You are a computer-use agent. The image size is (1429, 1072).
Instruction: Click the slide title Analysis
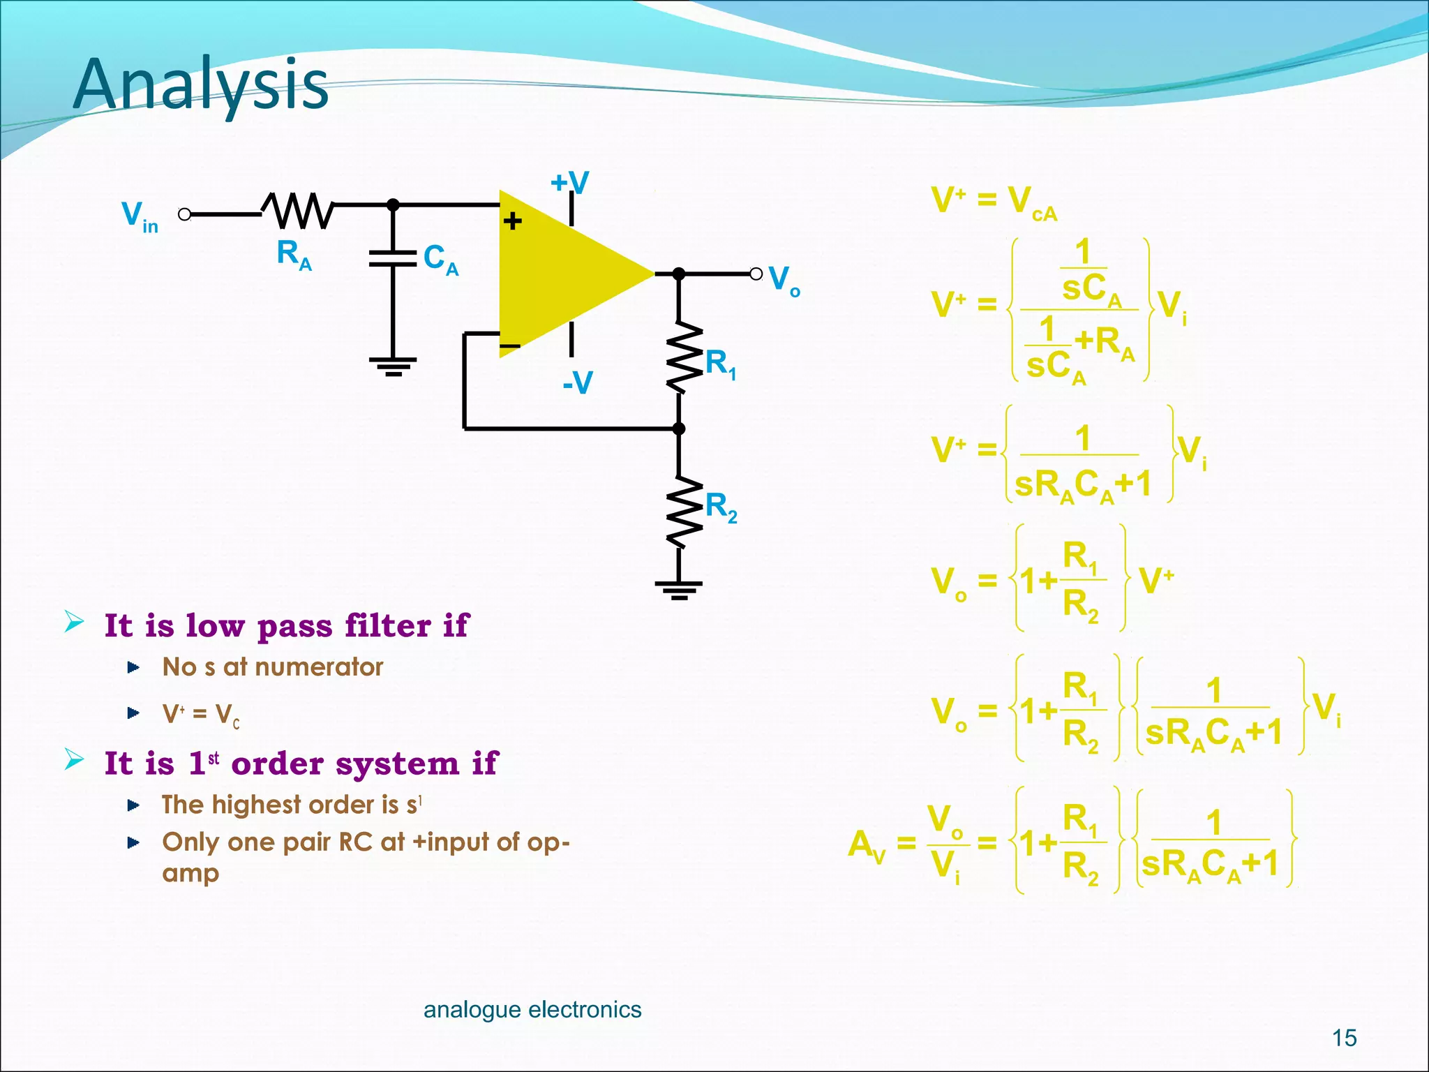pyautogui.click(x=201, y=85)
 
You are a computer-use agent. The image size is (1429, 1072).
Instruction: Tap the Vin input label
pyautogui.click(x=140, y=216)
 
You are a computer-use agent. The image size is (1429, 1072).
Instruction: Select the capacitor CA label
pyautogui.click(x=441, y=260)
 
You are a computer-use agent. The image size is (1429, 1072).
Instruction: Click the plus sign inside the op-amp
pyautogui.click(x=513, y=222)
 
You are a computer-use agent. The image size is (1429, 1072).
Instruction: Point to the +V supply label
pyautogui.click(x=569, y=183)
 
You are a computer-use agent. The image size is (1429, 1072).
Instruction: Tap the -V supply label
pyautogui.click(x=578, y=382)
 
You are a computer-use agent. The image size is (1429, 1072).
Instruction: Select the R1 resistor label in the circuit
pyautogui.click(x=721, y=364)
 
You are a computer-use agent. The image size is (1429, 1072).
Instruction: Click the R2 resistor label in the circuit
pyautogui.click(x=721, y=507)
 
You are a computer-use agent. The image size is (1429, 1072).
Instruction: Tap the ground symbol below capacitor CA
pyautogui.click(x=393, y=366)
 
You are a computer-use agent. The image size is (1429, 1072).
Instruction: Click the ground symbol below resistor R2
pyautogui.click(x=679, y=590)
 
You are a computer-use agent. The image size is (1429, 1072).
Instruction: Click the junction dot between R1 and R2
pyautogui.click(x=678, y=429)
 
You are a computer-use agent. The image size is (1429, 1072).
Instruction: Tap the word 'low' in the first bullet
pyautogui.click(x=215, y=625)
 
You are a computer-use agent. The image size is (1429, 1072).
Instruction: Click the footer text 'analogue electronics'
pyautogui.click(x=532, y=1009)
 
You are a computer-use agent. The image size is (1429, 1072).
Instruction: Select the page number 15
pyautogui.click(x=1344, y=1038)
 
